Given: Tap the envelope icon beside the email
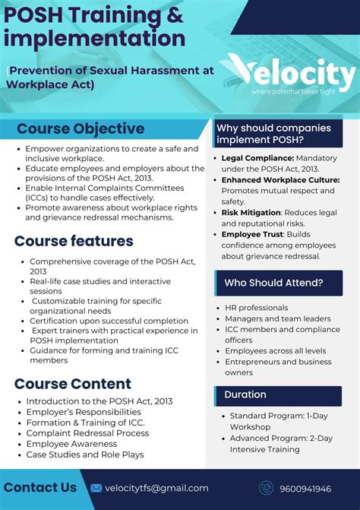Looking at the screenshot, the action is [96, 488].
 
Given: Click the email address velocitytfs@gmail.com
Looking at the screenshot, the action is [156, 488].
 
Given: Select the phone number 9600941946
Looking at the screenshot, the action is [306, 489].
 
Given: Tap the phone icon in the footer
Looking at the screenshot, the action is [266, 489].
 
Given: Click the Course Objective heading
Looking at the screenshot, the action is [81, 128].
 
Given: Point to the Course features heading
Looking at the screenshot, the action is [74, 241].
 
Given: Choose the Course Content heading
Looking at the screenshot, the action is [73, 384].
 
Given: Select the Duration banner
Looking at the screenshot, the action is [245, 394].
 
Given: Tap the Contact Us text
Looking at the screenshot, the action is [40, 487].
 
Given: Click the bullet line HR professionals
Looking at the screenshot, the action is [257, 307].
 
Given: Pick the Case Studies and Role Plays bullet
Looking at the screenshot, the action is [85, 455].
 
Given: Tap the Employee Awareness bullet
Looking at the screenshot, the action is [71, 444].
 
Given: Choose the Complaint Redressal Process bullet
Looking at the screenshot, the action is [87, 433].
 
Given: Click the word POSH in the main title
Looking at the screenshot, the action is [33, 14].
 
